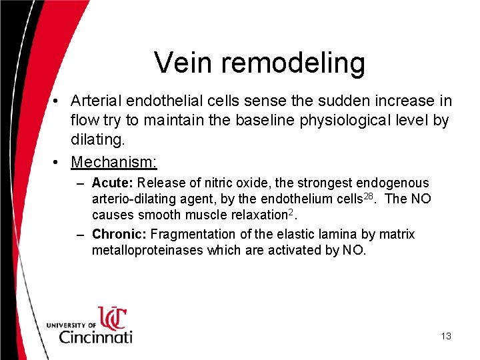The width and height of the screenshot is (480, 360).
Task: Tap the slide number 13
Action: point(446,336)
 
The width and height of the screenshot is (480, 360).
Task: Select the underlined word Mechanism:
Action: point(114,162)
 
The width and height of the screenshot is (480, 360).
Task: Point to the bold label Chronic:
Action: point(119,234)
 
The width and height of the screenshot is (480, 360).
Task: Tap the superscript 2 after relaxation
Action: point(295,212)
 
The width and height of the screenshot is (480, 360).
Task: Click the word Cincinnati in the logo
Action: point(96,336)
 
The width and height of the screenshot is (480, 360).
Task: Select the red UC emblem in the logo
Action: point(111,317)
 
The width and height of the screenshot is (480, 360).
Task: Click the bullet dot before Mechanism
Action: point(59,162)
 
